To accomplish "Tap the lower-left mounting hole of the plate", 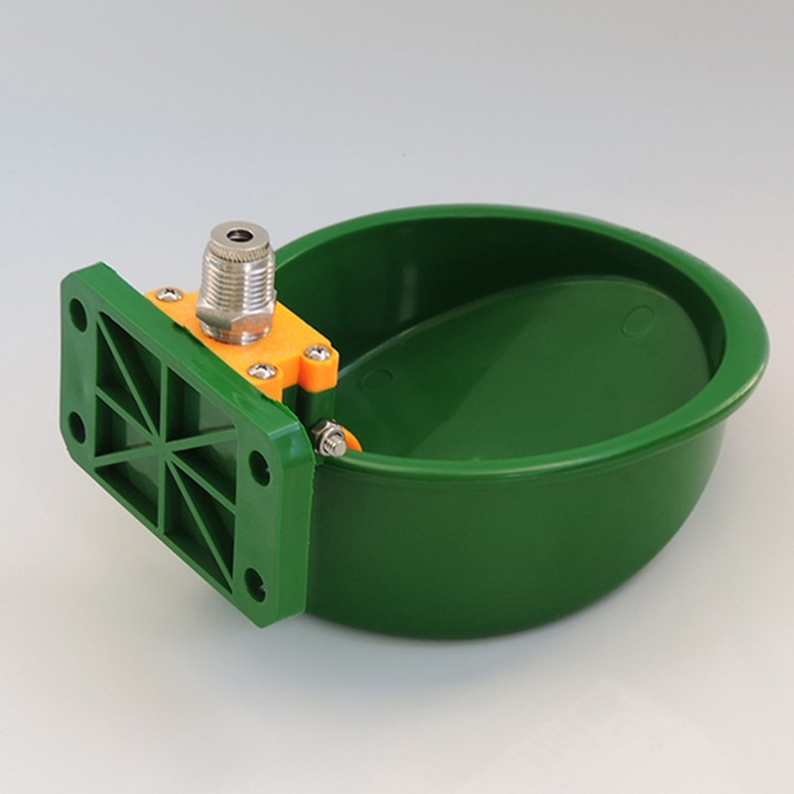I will coord(75,428).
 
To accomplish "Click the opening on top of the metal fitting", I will coord(236,235).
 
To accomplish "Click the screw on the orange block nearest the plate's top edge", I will coord(169,294).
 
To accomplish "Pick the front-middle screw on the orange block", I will coord(264,371).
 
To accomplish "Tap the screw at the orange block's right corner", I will coord(317,352).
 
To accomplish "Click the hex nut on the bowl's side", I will coord(331,439).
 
